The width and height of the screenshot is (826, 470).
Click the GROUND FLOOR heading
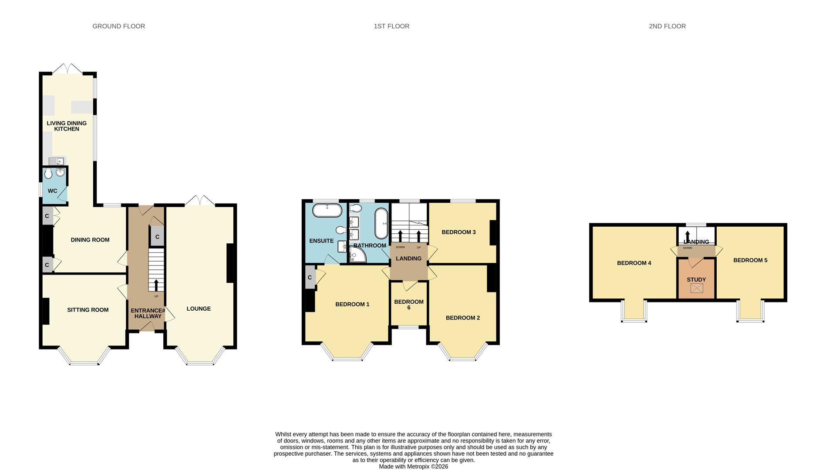click(x=118, y=26)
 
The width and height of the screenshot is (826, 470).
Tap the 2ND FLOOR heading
click(x=667, y=26)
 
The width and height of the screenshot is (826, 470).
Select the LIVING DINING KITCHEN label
click(x=67, y=126)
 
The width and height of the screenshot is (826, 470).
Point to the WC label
click(x=52, y=191)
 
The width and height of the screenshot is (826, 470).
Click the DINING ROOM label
click(x=90, y=240)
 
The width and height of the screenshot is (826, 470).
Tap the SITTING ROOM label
click(x=88, y=310)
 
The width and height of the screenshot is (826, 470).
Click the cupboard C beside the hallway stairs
click(x=157, y=237)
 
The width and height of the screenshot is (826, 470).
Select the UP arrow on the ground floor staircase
click(x=156, y=285)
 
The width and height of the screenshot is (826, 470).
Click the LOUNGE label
click(x=199, y=309)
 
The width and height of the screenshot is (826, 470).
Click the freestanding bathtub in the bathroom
click(x=381, y=223)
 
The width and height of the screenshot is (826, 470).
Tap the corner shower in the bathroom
click(x=357, y=255)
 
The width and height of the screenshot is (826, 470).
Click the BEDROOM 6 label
click(x=408, y=304)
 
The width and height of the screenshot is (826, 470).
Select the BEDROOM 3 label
click(x=459, y=232)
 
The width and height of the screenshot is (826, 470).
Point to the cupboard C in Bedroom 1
click(x=310, y=277)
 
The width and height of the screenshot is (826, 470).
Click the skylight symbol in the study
click(x=697, y=288)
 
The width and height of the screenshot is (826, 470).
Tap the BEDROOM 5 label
click(x=750, y=260)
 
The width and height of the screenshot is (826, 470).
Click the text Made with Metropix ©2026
click(x=413, y=467)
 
